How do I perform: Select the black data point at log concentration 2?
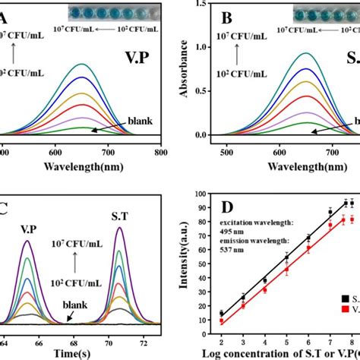click(x=222, y=314)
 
